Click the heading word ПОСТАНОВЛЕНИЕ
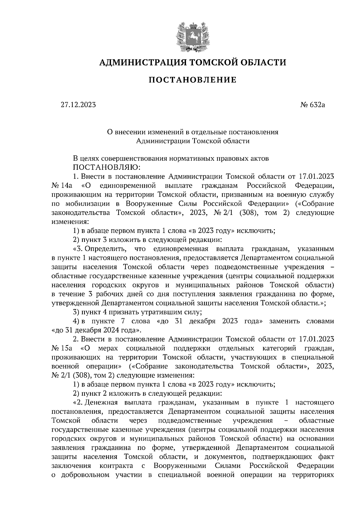pos(193,80)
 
